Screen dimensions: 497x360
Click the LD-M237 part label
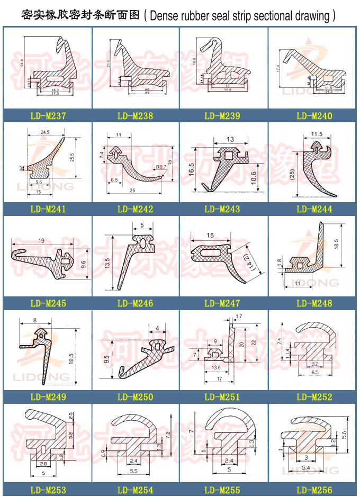47,116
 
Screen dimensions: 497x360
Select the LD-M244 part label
314,210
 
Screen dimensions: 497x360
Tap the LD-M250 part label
135,397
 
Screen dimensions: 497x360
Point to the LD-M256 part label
314,491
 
